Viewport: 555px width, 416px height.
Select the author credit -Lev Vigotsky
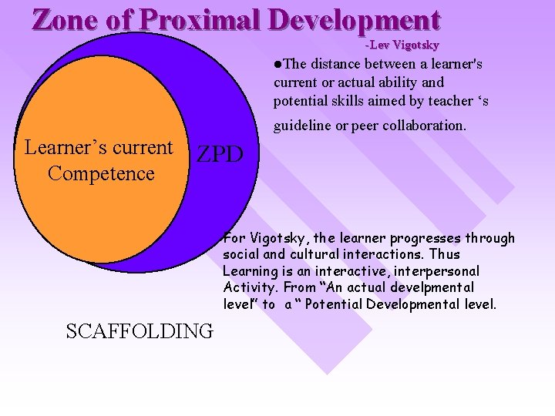pos(402,45)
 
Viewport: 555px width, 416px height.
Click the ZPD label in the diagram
pos(220,155)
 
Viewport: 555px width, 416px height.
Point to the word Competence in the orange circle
pos(101,173)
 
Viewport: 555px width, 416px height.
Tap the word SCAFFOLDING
pos(140,331)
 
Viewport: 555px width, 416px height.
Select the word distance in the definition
pos(337,64)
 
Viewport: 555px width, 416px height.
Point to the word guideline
pos(301,125)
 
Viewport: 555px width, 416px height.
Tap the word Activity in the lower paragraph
pos(246,287)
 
